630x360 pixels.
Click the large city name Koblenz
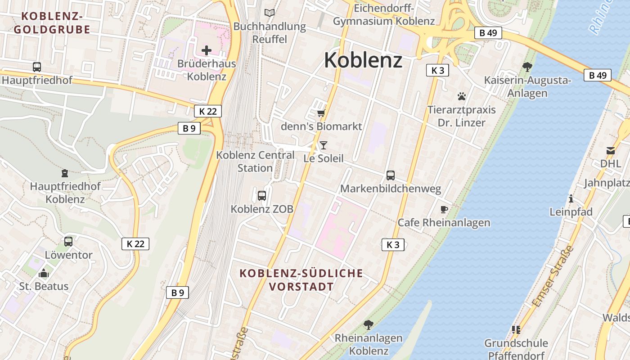pyautogui.click(x=363, y=60)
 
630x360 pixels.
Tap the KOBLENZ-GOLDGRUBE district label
pyautogui.click(x=52, y=23)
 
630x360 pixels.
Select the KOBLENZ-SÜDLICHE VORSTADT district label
pyautogui.click(x=301, y=280)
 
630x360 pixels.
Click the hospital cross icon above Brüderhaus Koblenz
pyautogui.click(x=206, y=50)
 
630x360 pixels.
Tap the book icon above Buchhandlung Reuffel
pyautogui.click(x=270, y=13)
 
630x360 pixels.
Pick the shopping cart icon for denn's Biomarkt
pyautogui.click(x=321, y=113)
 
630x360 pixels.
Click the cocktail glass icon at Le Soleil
pyautogui.click(x=323, y=145)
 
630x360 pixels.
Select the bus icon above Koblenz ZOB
pyautogui.click(x=261, y=196)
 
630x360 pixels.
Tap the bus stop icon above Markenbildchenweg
pyautogui.click(x=390, y=175)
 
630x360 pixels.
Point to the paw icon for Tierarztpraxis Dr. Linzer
pyautogui.click(x=461, y=96)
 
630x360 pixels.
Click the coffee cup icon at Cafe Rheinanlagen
pyautogui.click(x=444, y=209)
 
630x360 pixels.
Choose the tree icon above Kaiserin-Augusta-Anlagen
pyautogui.click(x=527, y=67)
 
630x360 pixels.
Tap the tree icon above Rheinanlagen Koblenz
pyautogui.click(x=368, y=324)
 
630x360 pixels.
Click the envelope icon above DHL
pyautogui.click(x=610, y=150)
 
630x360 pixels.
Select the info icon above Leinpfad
pyautogui.click(x=571, y=198)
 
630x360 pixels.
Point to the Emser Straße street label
pyautogui.click(x=553, y=276)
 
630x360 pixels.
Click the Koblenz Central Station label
pyautogui.click(x=255, y=162)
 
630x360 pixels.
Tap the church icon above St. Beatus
pyautogui.click(x=44, y=273)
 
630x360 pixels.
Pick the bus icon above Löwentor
pyautogui.click(x=68, y=242)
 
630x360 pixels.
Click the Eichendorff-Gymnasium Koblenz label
pyautogui.click(x=384, y=15)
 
